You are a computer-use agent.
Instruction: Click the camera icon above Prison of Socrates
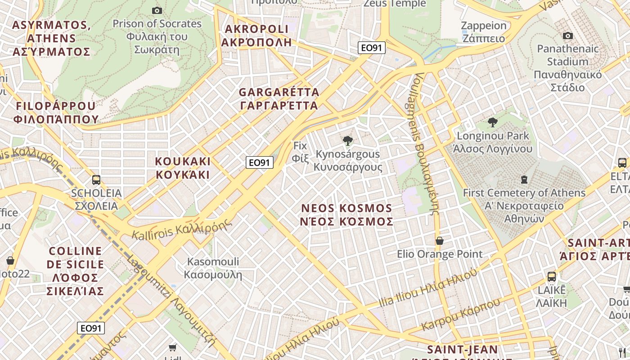[x=157, y=10]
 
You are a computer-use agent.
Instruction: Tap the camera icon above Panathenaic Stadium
[x=568, y=36]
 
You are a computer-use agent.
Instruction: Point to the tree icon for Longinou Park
[x=493, y=122]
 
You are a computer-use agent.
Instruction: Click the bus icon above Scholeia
[x=96, y=180]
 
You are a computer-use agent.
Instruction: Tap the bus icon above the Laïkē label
[x=552, y=276]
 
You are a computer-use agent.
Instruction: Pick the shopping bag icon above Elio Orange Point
[x=440, y=241]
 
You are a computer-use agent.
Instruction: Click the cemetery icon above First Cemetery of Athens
[x=524, y=180]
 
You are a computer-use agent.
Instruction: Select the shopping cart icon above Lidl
[x=172, y=347]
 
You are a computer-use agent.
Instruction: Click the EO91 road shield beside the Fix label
[x=260, y=162]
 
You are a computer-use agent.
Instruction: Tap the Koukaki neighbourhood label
[x=183, y=168]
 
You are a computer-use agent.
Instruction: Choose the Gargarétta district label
[x=279, y=99]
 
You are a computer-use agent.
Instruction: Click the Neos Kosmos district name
[x=347, y=215]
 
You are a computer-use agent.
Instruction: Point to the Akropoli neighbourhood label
[x=256, y=36]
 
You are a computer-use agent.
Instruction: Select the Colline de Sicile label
[x=76, y=271]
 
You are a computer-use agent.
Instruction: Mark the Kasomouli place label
[x=213, y=268]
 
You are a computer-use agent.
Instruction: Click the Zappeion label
[x=484, y=31]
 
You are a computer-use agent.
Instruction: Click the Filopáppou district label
[x=56, y=112]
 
